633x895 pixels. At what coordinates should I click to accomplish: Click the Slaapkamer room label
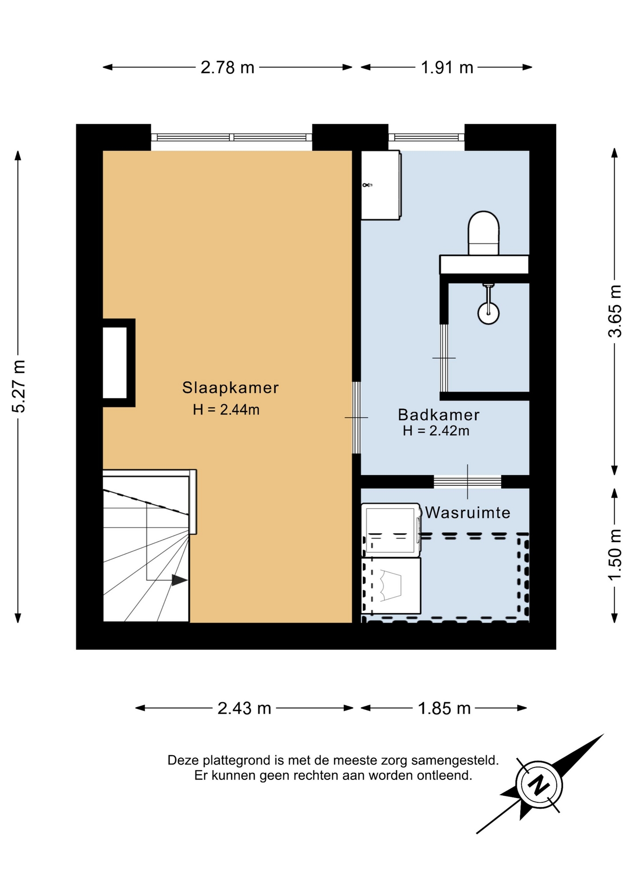pos(230,387)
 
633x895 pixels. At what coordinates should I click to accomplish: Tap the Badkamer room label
pos(439,414)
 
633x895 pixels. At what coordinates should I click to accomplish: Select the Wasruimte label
pos(468,513)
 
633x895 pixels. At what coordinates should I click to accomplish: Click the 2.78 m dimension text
pos(227,68)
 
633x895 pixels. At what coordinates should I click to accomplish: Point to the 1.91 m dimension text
pos(447,68)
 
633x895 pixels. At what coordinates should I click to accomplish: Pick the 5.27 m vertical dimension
pos(19,386)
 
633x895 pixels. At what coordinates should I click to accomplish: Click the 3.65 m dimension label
pos(615,311)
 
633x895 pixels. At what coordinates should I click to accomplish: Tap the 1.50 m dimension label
pos(615,555)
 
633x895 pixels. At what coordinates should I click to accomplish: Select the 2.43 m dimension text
pos(244,709)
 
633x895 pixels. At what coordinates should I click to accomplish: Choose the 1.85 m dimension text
pos(444,709)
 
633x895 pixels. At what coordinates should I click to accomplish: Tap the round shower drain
pos(489,313)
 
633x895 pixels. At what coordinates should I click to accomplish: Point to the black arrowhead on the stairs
pos(179,580)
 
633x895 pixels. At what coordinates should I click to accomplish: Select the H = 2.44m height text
pos(226,410)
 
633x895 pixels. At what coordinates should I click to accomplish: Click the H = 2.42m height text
pos(436,431)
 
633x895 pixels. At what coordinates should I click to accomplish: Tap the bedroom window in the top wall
pos(232,137)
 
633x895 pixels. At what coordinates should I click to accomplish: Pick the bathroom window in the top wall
pos(427,137)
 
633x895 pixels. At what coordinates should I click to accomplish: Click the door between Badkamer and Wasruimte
pos(468,482)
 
